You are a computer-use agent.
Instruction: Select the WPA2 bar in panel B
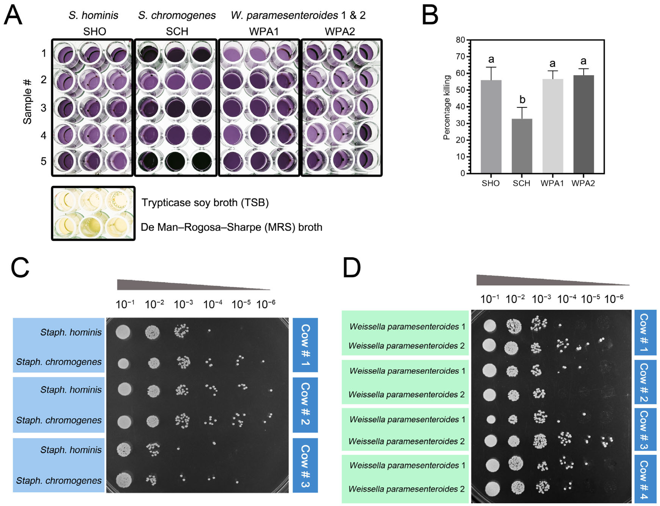[583, 124]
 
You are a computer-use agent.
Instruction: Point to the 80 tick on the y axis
[460, 40]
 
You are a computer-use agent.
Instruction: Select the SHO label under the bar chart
[491, 183]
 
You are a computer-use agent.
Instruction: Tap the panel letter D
[351, 268]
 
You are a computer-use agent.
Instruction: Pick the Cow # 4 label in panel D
[645, 479]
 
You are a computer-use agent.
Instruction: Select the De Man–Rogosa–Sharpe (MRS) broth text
[231, 227]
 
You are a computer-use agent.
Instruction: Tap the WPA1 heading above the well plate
[264, 31]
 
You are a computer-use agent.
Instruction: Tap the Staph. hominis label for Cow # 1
[71, 332]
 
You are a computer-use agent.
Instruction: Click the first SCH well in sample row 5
[148, 162]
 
